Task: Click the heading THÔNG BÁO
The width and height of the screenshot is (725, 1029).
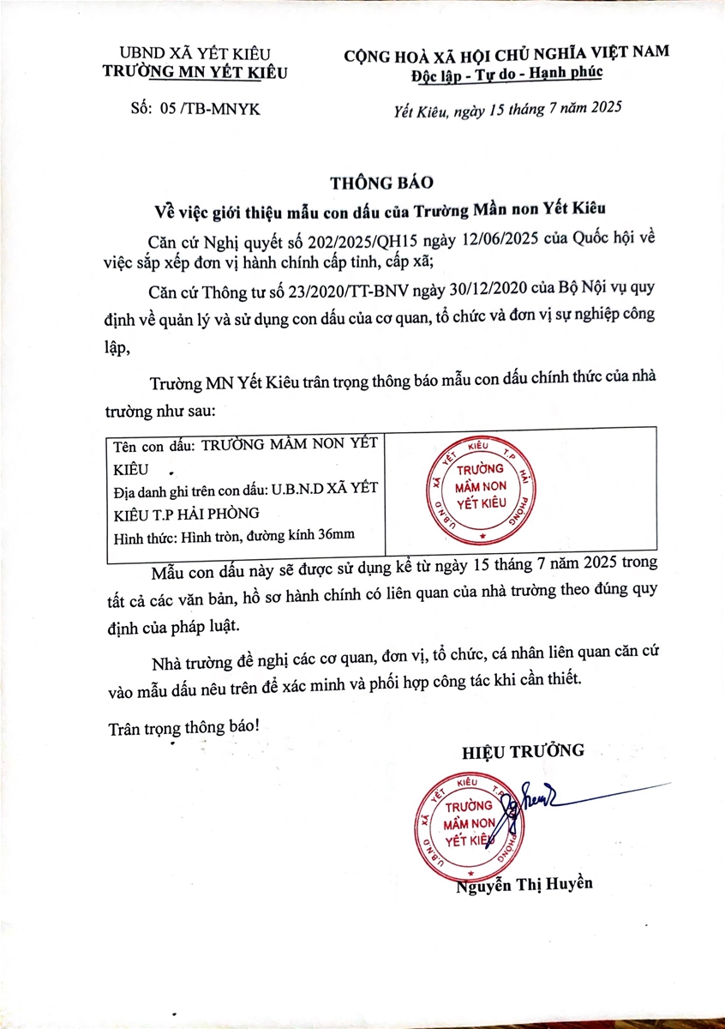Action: [384, 182]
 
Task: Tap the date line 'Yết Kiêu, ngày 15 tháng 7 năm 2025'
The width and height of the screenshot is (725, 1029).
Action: [506, 109]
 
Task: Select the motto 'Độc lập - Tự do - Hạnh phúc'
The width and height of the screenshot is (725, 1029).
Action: [506, 72]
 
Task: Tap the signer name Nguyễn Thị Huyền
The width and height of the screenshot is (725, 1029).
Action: [524, 884]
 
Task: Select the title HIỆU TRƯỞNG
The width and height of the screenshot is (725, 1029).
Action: [523, 751]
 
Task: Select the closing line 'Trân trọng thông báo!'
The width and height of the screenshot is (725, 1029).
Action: [184, 725]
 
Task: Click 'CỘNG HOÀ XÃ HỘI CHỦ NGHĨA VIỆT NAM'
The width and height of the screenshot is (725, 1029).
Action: [506, 54]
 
